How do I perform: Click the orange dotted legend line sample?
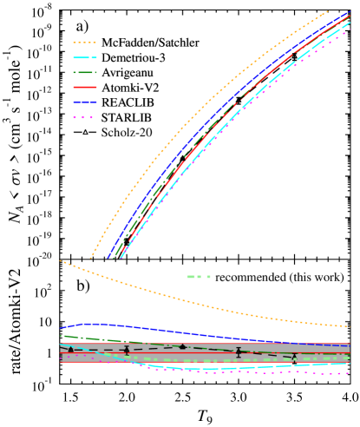pos(84,42)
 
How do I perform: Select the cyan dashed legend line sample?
pos(84,57)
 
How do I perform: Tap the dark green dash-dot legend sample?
pos(84,72)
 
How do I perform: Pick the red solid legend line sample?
pos(84,87)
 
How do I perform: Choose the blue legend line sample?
pos(84,102)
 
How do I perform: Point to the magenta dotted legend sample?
pos(84,117)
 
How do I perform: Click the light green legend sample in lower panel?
pos(198,277)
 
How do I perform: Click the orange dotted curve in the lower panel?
pos(173,298)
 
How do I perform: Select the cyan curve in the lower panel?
pos(217,369)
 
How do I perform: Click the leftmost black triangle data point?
pos(70,349)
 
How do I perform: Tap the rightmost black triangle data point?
pos(294,357)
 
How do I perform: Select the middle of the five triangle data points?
pos(182,346)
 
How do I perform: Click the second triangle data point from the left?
pos(127,351)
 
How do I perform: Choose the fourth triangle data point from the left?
pos(239,351)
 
